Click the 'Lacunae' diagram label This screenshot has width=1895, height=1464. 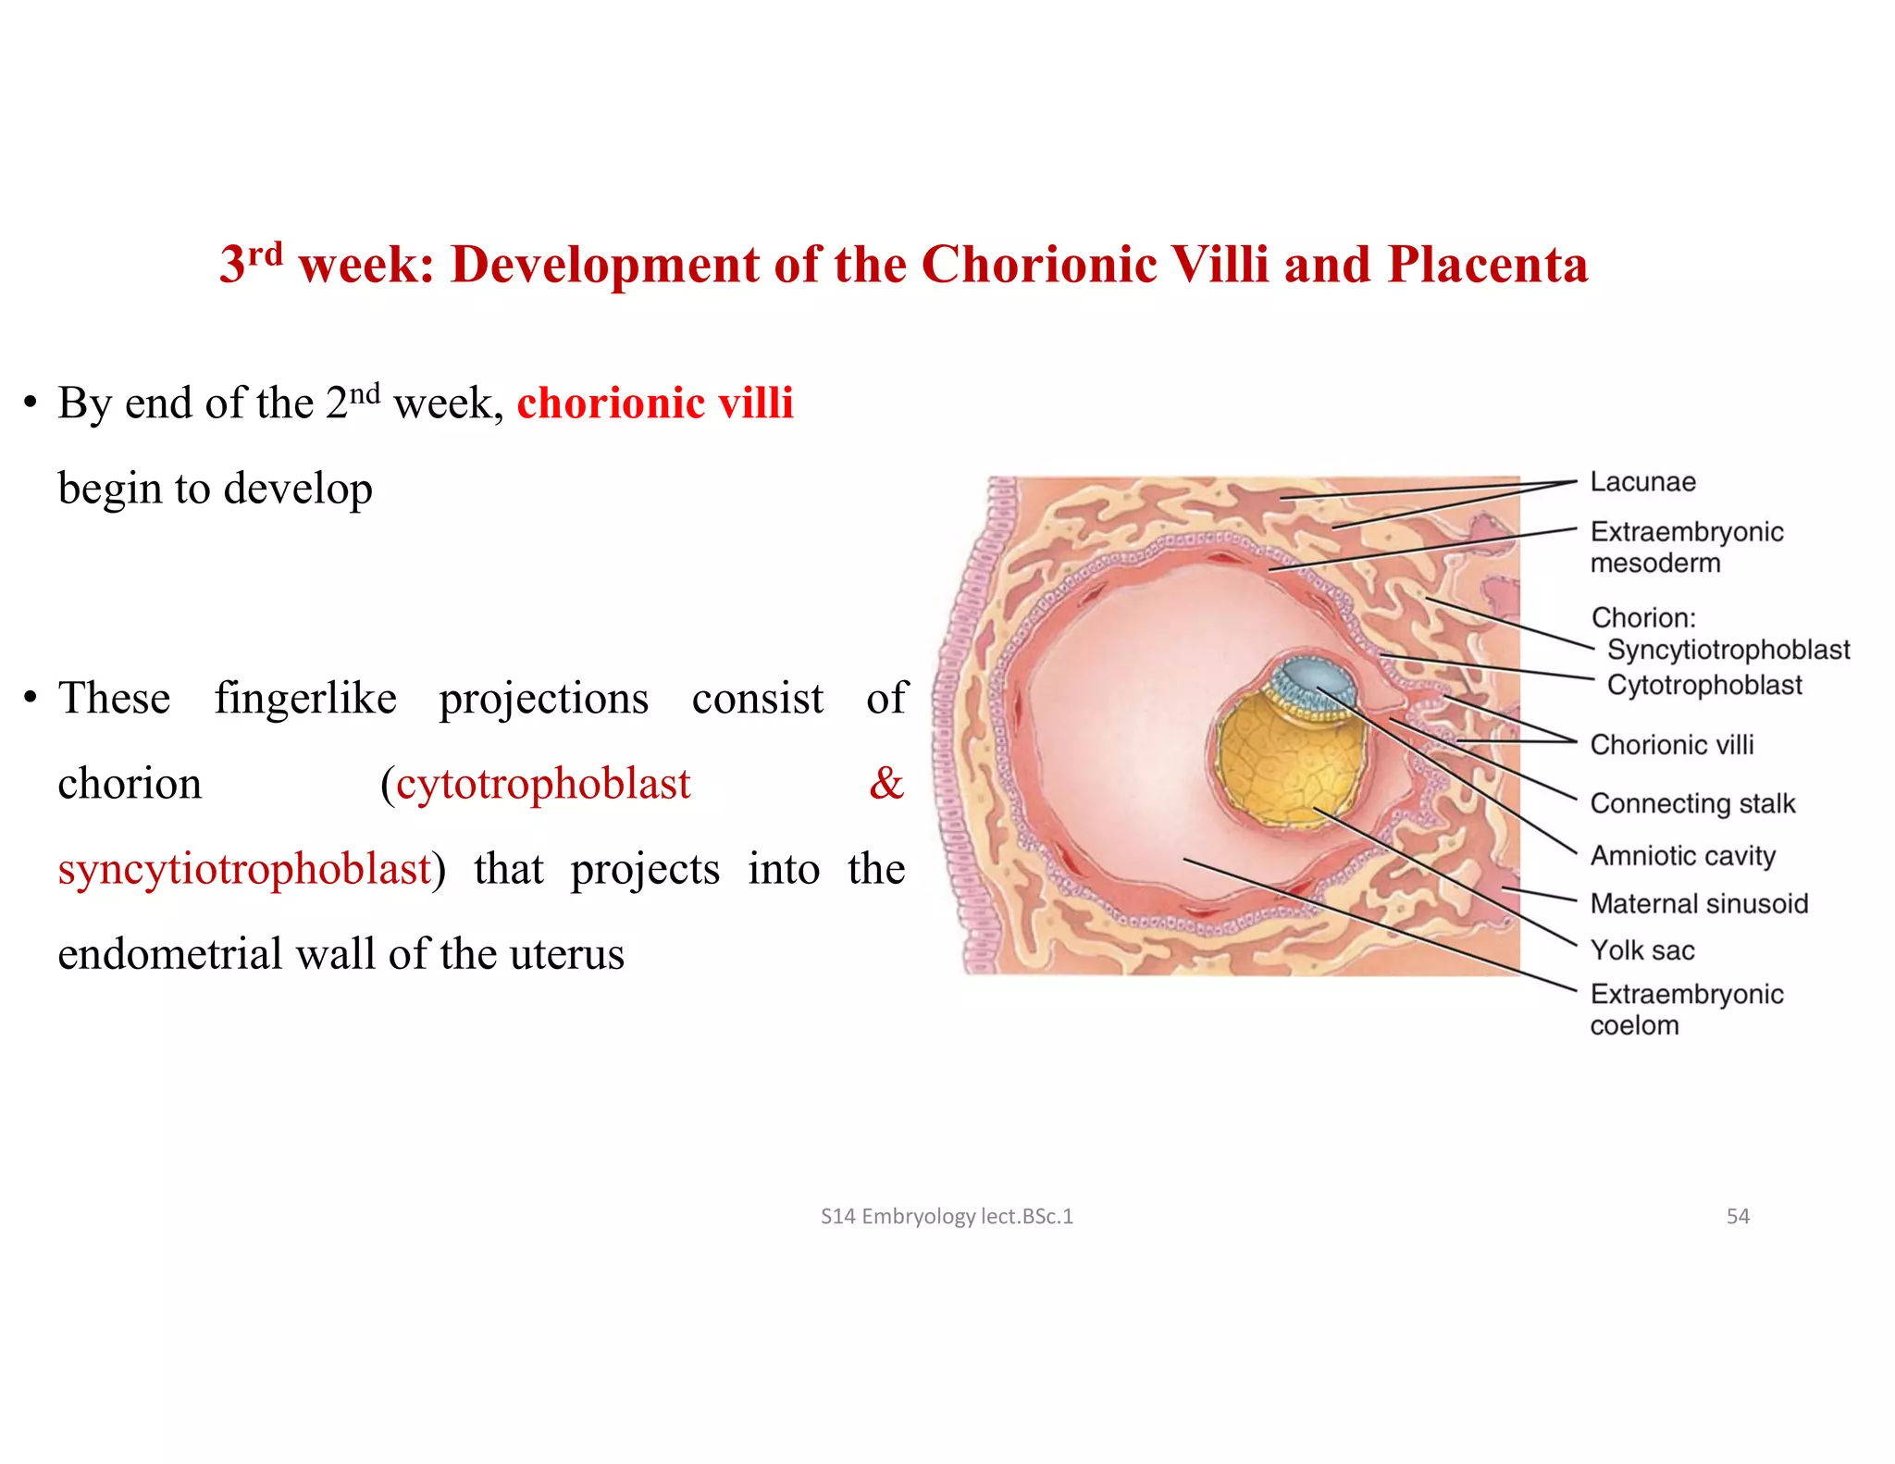(1642, 482)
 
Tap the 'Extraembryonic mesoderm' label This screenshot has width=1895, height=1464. (1686, 547)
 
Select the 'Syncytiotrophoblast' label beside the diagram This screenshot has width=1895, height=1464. (1728, 650)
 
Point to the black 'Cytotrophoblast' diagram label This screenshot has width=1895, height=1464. (1703, 685)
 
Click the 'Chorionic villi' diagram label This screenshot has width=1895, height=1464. (1671, 745)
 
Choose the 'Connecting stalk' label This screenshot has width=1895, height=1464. (1691, 803)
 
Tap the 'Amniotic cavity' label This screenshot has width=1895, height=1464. (1682, 856)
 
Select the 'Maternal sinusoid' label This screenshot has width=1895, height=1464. (1698, 903)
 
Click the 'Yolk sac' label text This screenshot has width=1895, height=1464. (1641, 950)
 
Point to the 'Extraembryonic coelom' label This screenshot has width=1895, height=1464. (1686, 1009)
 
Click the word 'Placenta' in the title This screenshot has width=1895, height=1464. (1487, 265)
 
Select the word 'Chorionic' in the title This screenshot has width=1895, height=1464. (1038, 265)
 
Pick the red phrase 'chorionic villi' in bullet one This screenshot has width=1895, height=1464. (654, 403)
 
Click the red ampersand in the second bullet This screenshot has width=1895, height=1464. (886, 783)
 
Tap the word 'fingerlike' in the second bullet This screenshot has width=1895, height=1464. (305, 698)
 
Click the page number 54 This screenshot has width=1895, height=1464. (1738, 1216)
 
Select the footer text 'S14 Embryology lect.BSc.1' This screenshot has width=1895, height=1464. (947, 1216)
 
